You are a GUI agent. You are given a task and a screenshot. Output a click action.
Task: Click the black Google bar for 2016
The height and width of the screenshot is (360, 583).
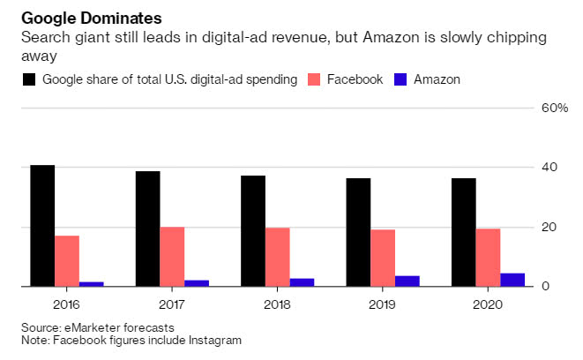(x=42, y=226)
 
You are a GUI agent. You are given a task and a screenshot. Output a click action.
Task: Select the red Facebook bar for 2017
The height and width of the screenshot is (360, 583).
(x=172, y=257)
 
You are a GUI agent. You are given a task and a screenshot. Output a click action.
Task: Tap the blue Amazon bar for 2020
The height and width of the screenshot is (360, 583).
(x=512, y=280)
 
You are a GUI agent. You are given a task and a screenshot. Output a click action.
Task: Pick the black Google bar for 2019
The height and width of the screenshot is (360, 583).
(x=358, y=232)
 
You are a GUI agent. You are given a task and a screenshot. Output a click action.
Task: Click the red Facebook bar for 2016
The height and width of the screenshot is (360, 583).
(x=67, y=261)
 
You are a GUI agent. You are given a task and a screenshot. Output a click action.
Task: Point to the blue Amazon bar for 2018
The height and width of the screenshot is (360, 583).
(x=302, y=282)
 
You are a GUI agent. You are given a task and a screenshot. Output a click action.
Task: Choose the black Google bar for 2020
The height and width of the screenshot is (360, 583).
(x=464, y=232)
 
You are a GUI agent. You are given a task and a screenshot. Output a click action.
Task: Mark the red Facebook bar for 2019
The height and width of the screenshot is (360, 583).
(x=383, y=258)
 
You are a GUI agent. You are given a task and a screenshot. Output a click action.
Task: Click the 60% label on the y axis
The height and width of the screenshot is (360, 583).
(x=556, y=108)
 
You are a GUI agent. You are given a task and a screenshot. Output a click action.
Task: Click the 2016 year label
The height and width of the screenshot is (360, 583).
(x=67, y=305)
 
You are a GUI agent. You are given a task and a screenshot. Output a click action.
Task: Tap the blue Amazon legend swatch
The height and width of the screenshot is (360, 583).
(x=400, y=80)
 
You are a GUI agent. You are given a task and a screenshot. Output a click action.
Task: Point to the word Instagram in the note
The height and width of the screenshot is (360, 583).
(x=214, y=340)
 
